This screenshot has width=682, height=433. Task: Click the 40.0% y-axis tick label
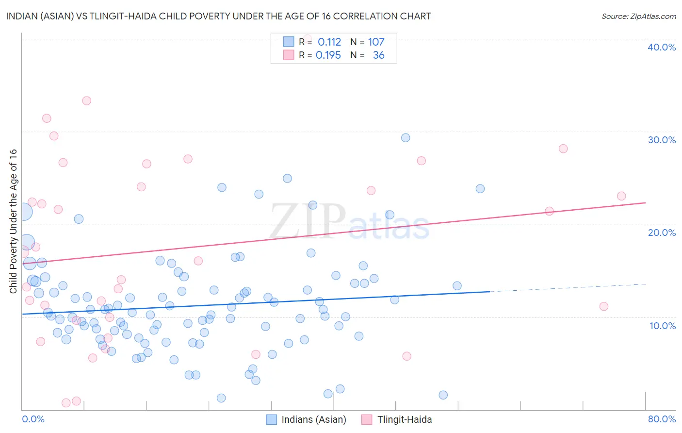click(x=662, y=47)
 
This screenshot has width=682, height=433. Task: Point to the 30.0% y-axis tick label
click(x=662, y=140)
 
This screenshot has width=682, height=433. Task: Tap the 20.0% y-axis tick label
click(x=662, y=233)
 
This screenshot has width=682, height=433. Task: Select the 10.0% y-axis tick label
click(x=663, y=326)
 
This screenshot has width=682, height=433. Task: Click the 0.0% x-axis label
click(x=33, y=419)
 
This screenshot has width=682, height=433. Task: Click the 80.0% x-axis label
click(x=662, y=419)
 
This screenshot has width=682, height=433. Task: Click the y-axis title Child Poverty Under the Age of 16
click(x=14, y=221)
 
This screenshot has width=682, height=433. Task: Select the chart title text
click(x=218, y=16)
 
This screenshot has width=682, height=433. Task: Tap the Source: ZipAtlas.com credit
click(x=638, y=16)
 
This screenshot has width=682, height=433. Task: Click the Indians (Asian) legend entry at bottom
click(x=313, y=419)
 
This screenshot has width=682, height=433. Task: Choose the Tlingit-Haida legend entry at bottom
click(x=404, y=419)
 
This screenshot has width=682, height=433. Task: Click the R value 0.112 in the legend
click(x=329, y=42)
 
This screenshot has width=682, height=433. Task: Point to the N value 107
click(x=376, y=42)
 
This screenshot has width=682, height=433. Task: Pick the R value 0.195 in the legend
click(x=328, y=55)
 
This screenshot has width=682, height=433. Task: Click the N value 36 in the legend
click(x=378, y=55)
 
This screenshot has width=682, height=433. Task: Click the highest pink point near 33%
click(x=86, y=101)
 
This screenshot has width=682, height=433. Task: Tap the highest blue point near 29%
click(x=406, y=138)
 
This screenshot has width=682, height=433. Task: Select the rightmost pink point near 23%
click(x=621, y=196)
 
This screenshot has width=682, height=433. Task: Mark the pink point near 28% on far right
click(x=563, y=149)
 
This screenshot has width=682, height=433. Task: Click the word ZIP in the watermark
click(x=307, y=222)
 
